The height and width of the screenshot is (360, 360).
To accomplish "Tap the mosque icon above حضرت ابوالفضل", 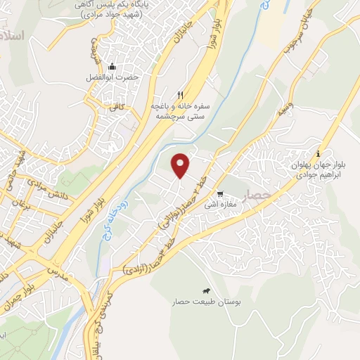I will (112, 66).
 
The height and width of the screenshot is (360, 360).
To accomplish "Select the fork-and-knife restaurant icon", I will (181, 95).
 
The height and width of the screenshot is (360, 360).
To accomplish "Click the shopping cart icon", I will (220, 195).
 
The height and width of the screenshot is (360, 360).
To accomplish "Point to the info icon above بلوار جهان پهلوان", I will (318, 153).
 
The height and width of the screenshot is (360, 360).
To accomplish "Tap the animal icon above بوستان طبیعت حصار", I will (207, 290).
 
